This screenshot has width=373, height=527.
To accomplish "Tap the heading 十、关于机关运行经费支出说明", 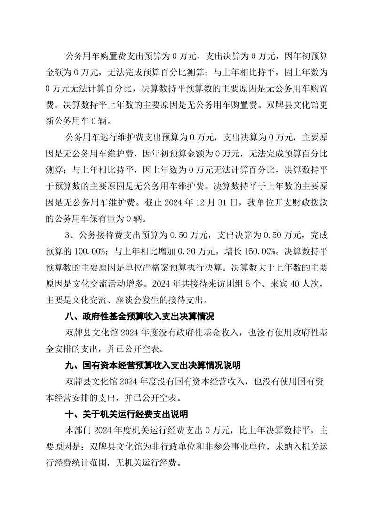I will coord(127,414).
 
